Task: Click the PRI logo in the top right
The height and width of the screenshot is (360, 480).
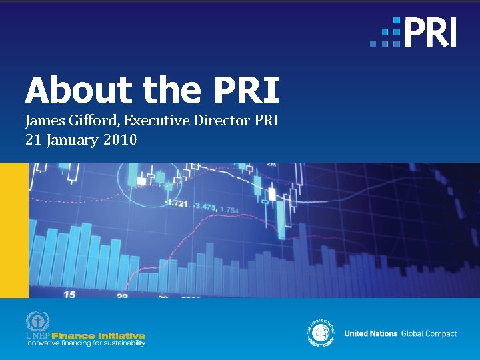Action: click(x=414, y=32)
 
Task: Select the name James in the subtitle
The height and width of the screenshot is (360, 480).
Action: click(x=44, y=121)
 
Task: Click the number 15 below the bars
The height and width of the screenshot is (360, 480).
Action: click(x=69, y=293)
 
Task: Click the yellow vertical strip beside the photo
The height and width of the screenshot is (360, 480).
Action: click(x=13, y=230)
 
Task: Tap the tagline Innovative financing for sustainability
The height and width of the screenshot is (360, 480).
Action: click(x=85, y=343)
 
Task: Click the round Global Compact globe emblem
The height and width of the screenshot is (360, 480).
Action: click(x=321, y=332)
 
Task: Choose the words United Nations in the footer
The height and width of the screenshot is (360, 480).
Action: click(x=371, y=333)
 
